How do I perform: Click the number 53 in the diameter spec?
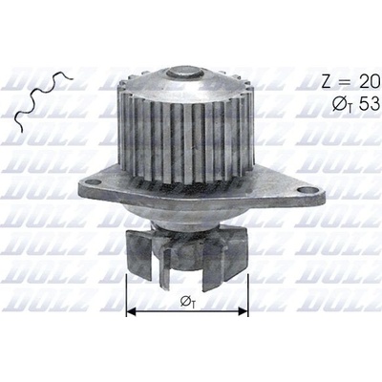click(369, 103)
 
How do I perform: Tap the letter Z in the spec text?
click(328, 82)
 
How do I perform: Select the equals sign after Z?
click(345, 82)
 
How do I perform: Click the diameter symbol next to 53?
click(341, 104)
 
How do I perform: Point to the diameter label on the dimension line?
click(188, 302)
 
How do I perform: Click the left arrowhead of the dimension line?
click(131, 311)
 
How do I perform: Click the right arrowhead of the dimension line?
click(244, 311)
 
